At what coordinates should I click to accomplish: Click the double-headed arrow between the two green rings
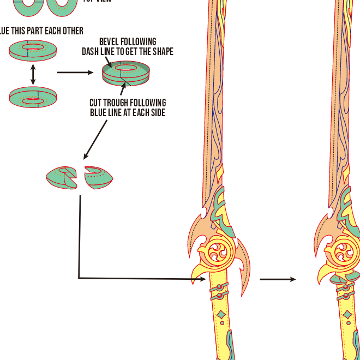click(x=33, y=74)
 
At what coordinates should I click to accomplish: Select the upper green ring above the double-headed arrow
click(x=33, y=51)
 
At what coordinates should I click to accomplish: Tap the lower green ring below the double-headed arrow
click(x=33, y=98)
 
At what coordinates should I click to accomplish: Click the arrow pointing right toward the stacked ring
click(x=75, y=71)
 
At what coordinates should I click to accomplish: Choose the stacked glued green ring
click(x=126, y=73)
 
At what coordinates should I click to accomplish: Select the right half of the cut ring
click(x=99, y=176)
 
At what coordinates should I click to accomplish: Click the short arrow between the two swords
click(x=278, y=279)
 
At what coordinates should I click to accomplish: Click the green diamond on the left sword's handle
click(x=221, y=315)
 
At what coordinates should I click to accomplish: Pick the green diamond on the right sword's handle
click(x=347, y=315)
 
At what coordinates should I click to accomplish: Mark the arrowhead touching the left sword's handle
click(x=203, y=279)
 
